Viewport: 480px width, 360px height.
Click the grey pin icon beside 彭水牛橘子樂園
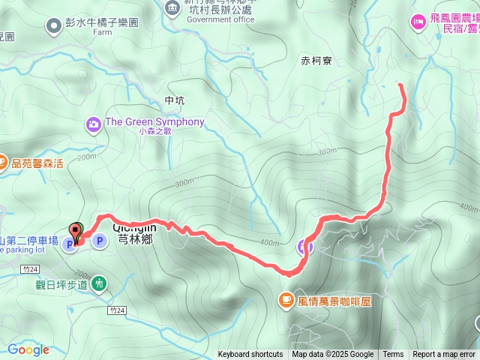click(54, 27)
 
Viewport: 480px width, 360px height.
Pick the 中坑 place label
click(172, 100)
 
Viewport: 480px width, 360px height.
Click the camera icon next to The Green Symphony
click(94, 122)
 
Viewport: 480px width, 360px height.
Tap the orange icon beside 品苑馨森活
click(2, 163)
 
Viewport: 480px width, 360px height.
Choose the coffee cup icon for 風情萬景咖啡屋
click(285, 301)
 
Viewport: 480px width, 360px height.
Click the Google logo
click(28, 349)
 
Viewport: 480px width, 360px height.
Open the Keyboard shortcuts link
click(250, 355)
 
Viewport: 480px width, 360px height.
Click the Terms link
click(393, 355)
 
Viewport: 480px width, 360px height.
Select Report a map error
click(444, 355)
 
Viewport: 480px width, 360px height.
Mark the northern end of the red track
click(400, 85)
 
